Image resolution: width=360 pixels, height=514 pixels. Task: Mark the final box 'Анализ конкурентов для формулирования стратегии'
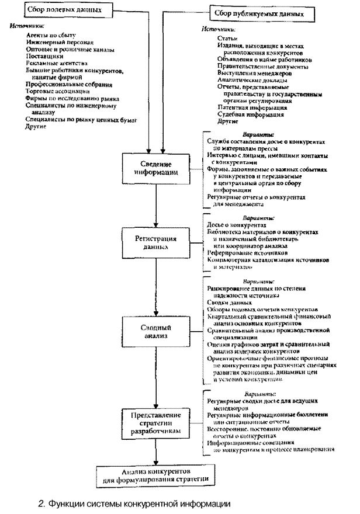coord(155,474)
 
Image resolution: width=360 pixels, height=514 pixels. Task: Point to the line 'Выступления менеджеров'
coord(255,73)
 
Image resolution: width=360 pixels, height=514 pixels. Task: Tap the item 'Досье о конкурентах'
coord(237,225)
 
